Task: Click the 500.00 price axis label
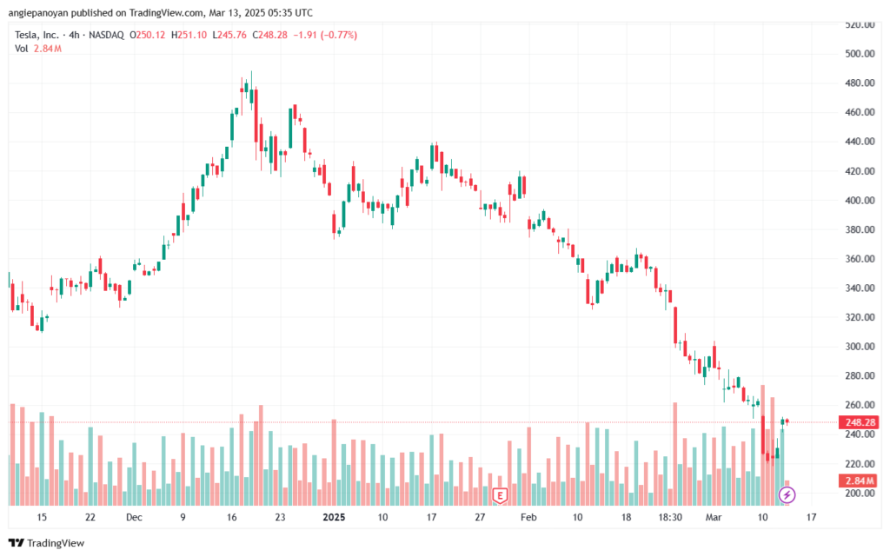coord(858,54)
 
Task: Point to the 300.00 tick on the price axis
coord(858,347)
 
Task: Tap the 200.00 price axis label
coord(858,494)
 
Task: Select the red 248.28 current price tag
coord(857,423)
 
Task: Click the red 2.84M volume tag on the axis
coord(857,481)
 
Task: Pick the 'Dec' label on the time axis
coord(134,516)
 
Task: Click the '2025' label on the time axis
coord(334,516)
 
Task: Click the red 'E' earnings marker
coord(500,495)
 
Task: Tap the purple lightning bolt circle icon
coord(787,495)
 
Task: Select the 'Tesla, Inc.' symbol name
coord(38,35)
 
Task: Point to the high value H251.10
coord(189,35)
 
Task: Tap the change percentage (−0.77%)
coord(338,35)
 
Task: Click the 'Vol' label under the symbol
coord(22,49)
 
